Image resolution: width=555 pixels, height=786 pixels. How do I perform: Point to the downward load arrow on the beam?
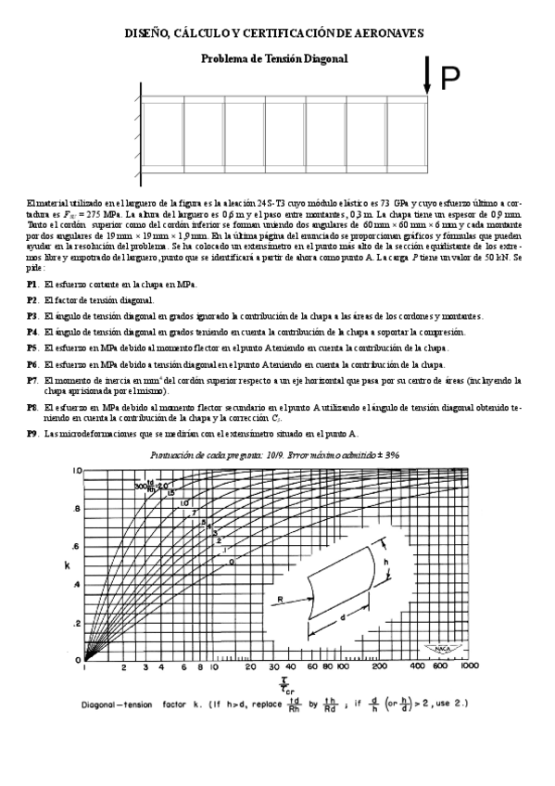click(x=427, y=74)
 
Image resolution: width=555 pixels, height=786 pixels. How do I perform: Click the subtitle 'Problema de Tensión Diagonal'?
click(x=274, y=58)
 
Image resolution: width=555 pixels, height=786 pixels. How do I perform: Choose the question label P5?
click(x=32, y=348)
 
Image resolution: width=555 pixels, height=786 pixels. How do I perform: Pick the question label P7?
click(x=32, y=380)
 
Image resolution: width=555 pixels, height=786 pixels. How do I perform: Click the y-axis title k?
click(x=67, y=564)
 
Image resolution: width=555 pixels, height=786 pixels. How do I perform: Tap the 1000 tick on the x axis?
click(x=469, y=666)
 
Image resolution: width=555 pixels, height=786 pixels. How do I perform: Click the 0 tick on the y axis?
click(x=79, y=659)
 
